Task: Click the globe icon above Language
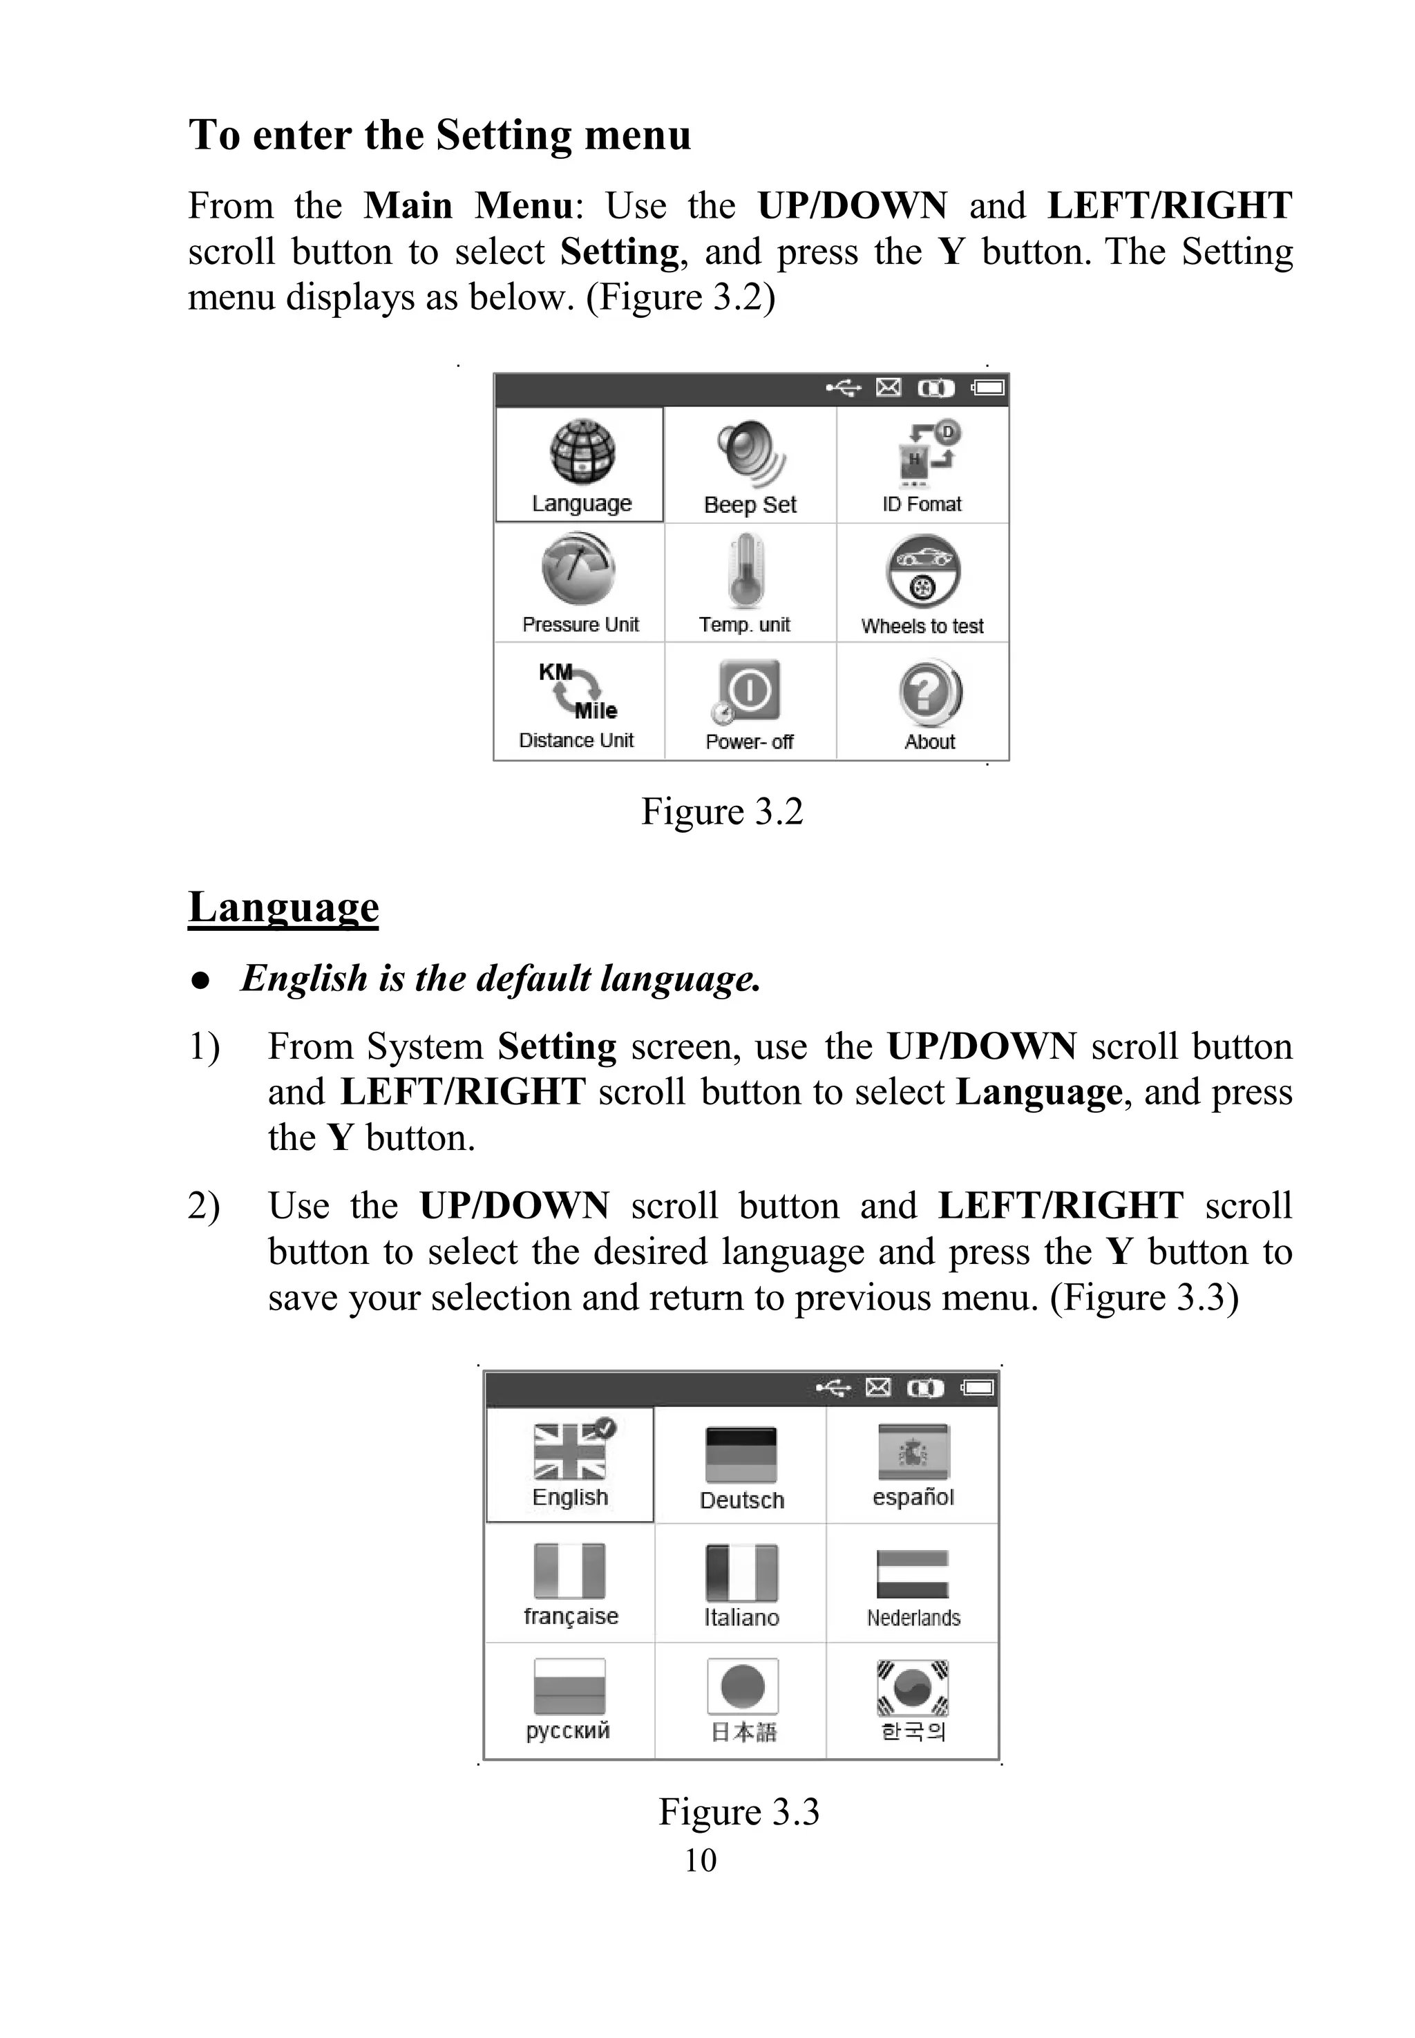582,452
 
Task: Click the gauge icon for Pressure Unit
578,569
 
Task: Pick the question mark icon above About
929,692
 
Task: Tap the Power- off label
749,742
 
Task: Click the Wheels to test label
922,626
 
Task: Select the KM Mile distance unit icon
577,691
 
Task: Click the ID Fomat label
922,504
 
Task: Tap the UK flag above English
570,1452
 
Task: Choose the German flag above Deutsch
741,1455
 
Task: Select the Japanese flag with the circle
742,1686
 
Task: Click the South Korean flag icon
912,1688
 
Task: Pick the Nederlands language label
913,1618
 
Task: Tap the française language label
571,1616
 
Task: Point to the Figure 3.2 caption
722,811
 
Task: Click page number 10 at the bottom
701,1860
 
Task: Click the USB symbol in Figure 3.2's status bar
842,388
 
